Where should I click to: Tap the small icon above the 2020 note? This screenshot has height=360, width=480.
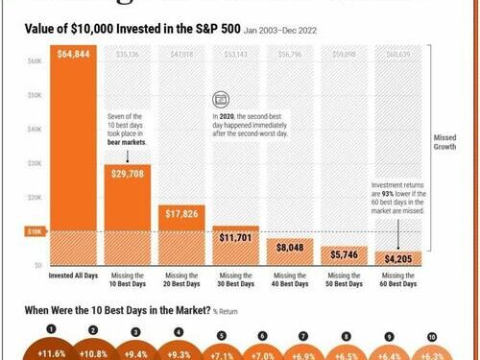219,98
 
